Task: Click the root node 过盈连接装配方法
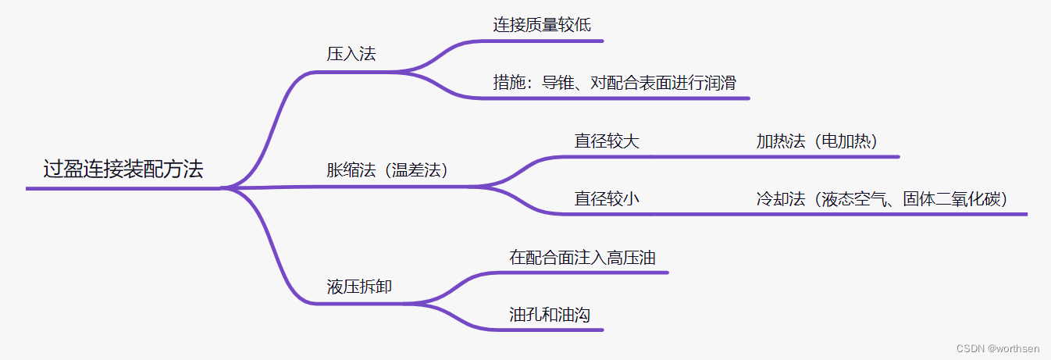pos(123,169)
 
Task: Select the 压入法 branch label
pos(351,55)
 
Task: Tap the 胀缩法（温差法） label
pos(388,170)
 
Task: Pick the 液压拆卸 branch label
pos(359,287)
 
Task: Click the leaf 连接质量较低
pos(542,24)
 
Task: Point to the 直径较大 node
pos(607,141)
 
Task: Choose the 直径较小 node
pos(607,199)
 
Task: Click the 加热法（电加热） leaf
pos(817,141)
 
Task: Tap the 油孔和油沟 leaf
pos(549,315)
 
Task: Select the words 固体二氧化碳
pos(954,199)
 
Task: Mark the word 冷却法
pos(780,199)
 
